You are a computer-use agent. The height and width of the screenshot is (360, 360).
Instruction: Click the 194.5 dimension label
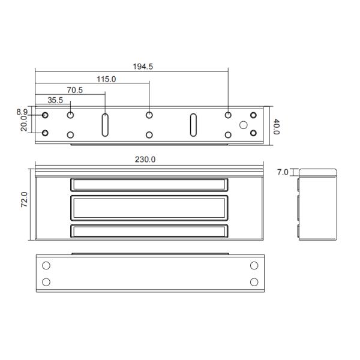143,67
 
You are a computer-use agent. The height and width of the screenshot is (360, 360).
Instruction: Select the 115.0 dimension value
106,79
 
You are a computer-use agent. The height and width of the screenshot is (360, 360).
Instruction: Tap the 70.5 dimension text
74,90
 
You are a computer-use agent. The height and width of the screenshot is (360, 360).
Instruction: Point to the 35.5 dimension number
55,100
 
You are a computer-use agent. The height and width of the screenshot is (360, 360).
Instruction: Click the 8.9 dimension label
22,112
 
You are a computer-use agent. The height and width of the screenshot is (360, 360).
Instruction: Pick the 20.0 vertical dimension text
24,123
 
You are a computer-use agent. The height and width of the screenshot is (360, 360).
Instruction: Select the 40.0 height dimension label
277,127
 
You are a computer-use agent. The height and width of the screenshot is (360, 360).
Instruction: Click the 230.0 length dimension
145,160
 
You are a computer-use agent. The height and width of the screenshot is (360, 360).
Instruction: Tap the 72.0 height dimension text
25,200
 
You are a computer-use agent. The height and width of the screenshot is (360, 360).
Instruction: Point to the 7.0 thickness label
283,172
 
